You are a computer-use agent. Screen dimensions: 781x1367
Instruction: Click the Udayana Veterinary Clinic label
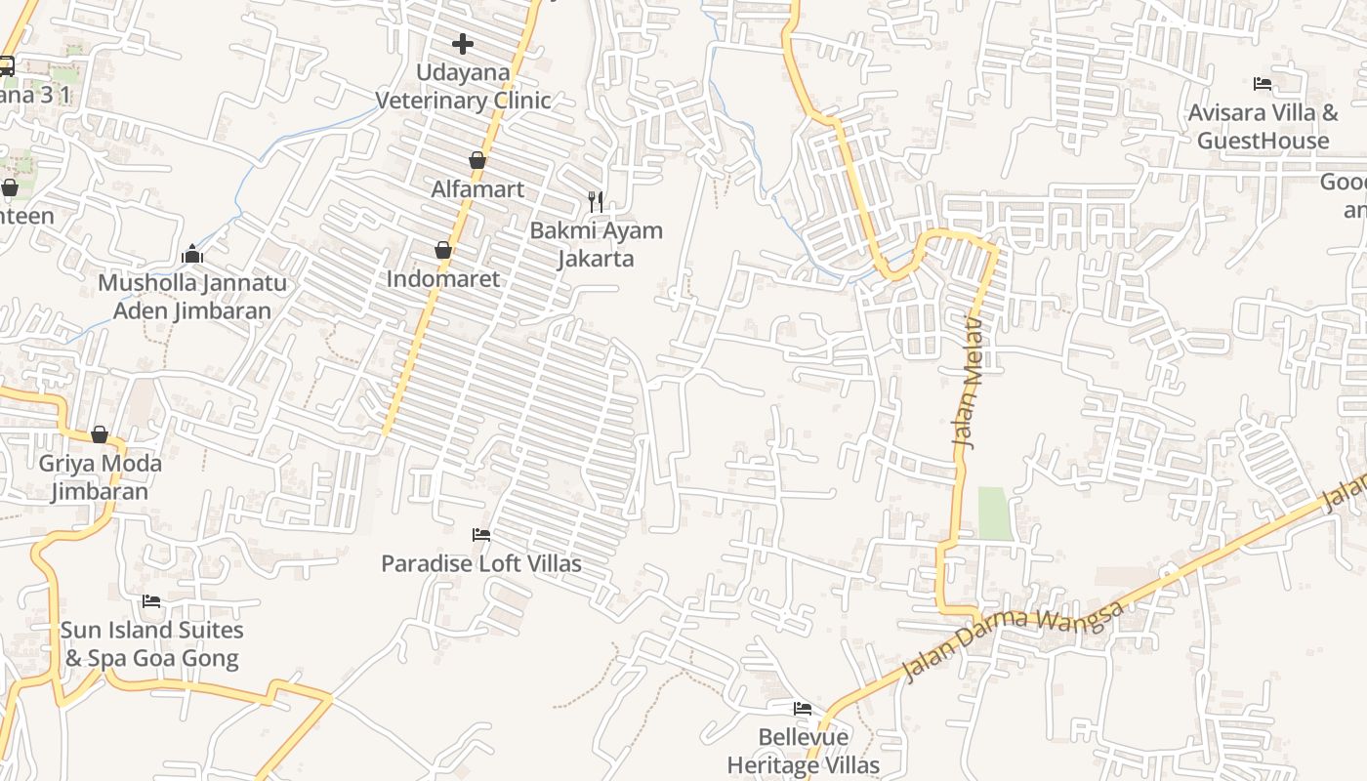pos(463,86)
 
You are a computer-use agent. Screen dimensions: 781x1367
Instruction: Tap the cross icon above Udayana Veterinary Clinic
pos(463,43)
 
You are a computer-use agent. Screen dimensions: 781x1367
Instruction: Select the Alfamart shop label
pos(477,188)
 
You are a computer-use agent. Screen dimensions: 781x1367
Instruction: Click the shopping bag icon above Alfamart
pos(477,160)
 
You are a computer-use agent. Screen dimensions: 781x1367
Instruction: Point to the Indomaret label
pos(442,278)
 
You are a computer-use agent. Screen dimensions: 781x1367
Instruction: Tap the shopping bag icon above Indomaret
pos(443,250)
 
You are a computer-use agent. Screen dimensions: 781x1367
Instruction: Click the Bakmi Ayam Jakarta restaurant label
pos(596,244)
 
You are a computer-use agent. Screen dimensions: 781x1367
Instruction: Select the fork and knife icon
pos(596,202)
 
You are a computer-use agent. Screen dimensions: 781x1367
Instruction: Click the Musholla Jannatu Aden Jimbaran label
pos(192,297)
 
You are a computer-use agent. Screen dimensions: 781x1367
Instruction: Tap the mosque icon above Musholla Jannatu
pos(192,255)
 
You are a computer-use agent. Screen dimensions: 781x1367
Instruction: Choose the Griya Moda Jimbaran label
pos(100,476)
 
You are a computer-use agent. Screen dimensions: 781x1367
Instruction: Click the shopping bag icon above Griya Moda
pos(100,434)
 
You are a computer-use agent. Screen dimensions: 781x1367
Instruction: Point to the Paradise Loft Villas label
pos(480,563)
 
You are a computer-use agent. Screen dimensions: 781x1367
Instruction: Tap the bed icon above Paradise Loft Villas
pos(480,535)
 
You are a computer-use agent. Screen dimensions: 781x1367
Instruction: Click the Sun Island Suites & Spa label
pos(151,643)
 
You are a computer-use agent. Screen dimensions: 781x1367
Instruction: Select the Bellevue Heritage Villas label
pos(803,750)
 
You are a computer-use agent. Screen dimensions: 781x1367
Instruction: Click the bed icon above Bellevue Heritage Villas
pos(803,708)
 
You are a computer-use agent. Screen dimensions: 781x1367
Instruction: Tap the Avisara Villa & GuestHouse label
pos(1263,126)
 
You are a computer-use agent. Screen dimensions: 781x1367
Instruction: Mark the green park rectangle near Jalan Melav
pos(996,514)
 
